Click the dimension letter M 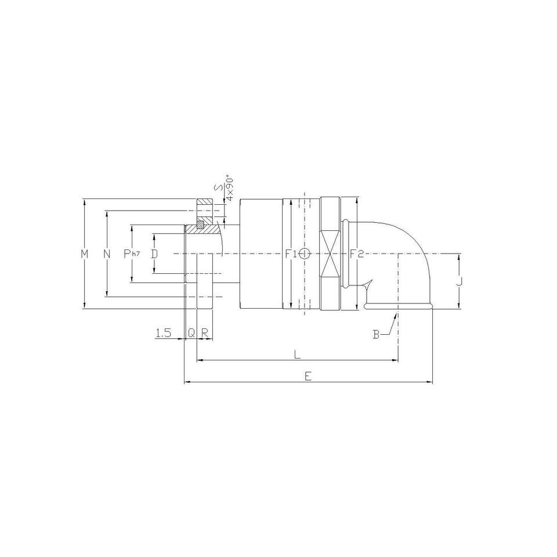pyautogui.click(x=84, y=254)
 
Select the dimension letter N pyautogui.click(x=107, y=254)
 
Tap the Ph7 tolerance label pyautogui.click(x=132, y=254)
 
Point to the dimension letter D pyautogui.click(x=154, y=254)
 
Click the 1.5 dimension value pyautogui.click(x=164, y=333)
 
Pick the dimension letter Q pyautogui.click(x=191, y=333)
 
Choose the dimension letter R pyautogui.click(x=205, y=333)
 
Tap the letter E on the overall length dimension pyautogui.click(x=308, y=376)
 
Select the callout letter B pyautogui.click(x=376, y=334)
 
